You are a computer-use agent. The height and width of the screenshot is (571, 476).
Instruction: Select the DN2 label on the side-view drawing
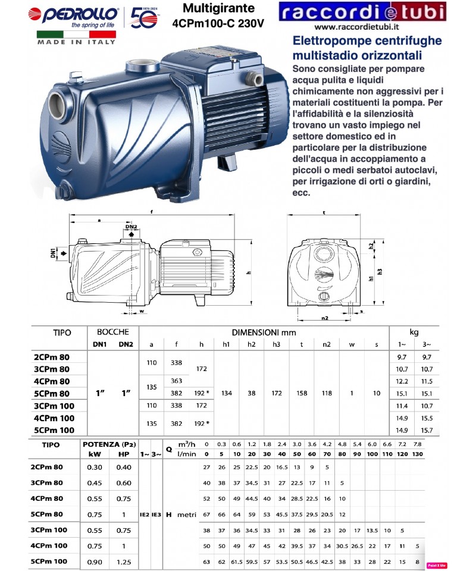click(x=131, y=227)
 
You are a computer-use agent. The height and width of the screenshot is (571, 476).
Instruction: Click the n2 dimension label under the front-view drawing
click(x=325, y=319)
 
